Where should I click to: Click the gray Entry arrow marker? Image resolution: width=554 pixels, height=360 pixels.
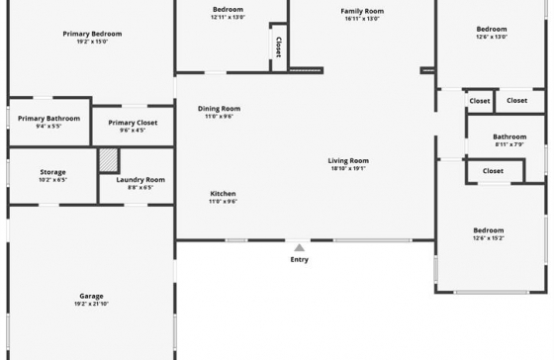coord(299,247)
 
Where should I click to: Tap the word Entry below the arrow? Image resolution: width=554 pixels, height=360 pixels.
coord(299,260)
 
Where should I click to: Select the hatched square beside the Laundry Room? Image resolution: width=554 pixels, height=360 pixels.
coord(109,160)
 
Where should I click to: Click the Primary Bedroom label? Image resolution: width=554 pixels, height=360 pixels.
coord(92,34)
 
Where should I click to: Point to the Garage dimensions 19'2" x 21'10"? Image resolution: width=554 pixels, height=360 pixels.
coord(91,304)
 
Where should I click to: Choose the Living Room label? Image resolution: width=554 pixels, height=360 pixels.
coord(348,161)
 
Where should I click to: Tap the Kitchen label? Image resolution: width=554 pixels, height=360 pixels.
coord(223,194)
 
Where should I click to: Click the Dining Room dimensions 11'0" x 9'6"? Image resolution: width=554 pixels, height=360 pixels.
coord(219,117)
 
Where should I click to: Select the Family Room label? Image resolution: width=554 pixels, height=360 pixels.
coord(362,11)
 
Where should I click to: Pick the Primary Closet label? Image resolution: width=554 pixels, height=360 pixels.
coord(133,123)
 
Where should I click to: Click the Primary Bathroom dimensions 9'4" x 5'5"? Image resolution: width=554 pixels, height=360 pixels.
coord(48,127)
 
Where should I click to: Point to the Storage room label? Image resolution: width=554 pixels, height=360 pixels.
coord(52,172)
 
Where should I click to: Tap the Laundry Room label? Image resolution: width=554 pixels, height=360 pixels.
coord(140,180)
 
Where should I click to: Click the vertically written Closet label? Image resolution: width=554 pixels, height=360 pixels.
coord(278,47)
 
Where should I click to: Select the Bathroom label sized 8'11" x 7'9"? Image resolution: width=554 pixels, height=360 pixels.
coord(509,136)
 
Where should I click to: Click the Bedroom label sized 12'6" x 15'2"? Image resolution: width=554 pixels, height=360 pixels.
coord(489,230)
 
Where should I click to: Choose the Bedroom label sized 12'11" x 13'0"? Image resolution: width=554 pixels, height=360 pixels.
coord(228,10)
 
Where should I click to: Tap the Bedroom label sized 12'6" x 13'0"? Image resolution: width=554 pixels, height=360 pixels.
coord(492,30)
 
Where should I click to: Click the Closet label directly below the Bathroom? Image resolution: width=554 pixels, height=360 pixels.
coord(493,171)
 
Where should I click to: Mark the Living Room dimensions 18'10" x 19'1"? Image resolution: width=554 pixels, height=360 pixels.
coord(348,168)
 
